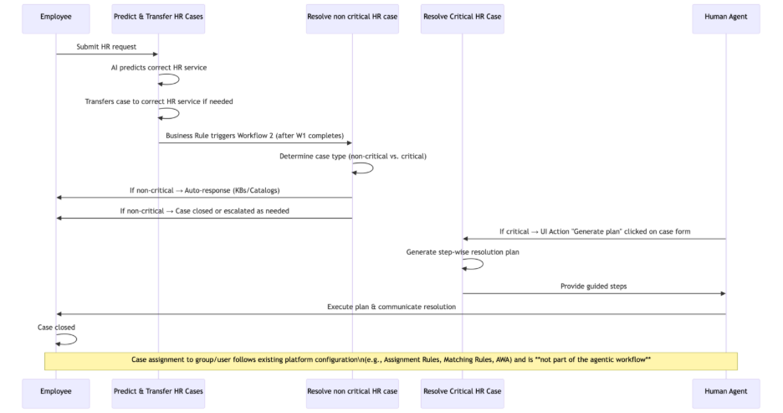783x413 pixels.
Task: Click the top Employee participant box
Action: point(55,18)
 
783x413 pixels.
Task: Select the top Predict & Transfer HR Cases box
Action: point(158,18)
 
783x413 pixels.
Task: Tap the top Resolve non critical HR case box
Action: point(351,18)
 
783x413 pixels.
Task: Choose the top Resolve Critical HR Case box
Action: point(463,18)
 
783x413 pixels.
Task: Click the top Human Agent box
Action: point(726,18)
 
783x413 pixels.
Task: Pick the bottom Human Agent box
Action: point(726,390)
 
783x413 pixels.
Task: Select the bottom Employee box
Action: point(55,390)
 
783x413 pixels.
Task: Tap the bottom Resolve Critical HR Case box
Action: point(463,390)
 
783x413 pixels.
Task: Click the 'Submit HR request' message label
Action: point(106,47)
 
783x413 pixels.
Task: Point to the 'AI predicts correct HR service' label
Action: point(159,67)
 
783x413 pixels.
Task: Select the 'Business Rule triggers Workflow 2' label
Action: point(254,135)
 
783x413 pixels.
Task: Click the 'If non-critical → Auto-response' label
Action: point(204,190)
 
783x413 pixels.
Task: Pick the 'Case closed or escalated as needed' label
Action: point(204,211)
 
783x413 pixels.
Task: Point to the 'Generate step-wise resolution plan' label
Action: point(463,251)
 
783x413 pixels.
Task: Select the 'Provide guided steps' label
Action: point(594,286)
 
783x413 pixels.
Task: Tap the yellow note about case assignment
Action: point(391,360)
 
